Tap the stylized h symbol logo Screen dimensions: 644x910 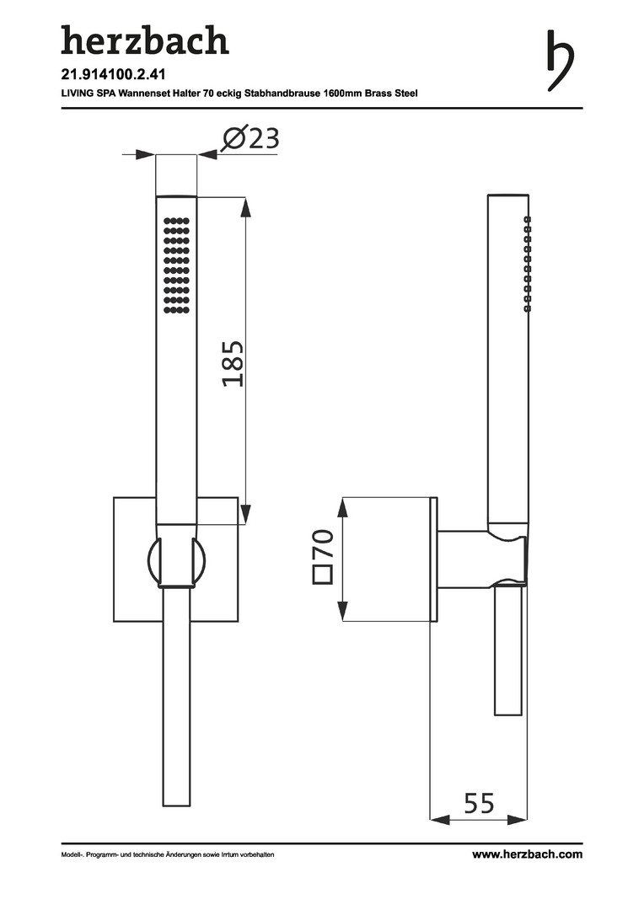(x=560, y=61)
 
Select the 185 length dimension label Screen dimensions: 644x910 (x=233, y=364)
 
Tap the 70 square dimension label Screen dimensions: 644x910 (x=324, y=543)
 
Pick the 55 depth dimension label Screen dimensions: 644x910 (x=479, y=803)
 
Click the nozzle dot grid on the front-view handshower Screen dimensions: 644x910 (x=176, y=265)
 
